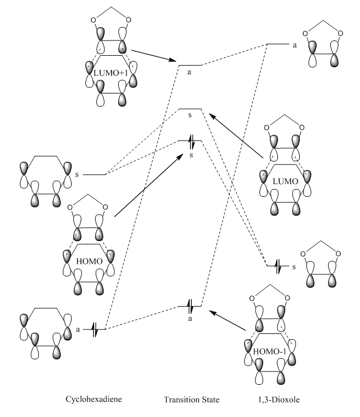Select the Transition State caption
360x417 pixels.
[x=191, y=400]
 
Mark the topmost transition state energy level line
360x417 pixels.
[x=190, y=65]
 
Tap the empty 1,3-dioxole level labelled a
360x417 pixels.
[x=277, y=44]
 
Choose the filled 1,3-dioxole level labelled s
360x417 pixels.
[x=277, y=267]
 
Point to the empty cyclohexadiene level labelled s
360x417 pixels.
[x=97, y=175]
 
